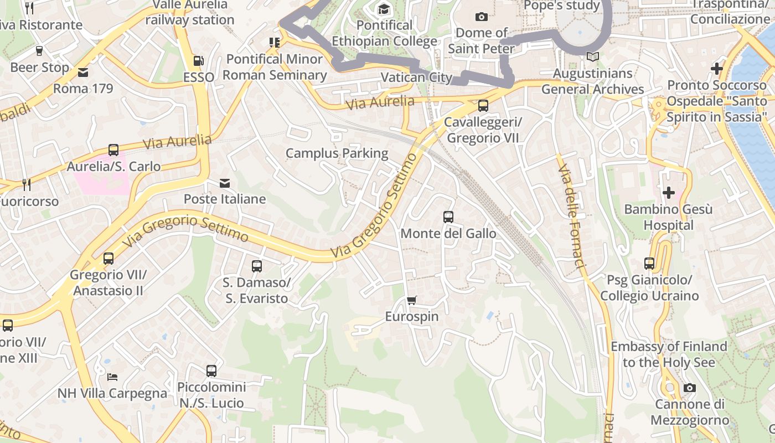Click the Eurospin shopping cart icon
point(411,300)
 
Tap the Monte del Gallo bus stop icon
point(448,217)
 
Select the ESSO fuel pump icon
point(198,61)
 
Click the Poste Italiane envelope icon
point(225,183)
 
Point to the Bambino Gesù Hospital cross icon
point(669,193)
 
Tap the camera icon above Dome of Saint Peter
point(482,17)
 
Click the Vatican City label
point(416,78)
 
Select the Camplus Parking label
point(337,153)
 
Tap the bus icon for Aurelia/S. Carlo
point(113,150)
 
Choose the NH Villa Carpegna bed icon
point(112,377)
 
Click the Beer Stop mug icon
point(39,51)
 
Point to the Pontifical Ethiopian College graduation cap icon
point(384,9)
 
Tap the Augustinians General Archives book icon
point(592,57)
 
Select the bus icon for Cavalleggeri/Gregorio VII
point(483,105)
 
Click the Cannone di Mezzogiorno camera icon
point(689,388)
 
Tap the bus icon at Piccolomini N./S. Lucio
point(211,371)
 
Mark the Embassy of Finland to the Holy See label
point(669,354)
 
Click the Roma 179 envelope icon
point(83,72)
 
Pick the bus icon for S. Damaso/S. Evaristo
point(257,266)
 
